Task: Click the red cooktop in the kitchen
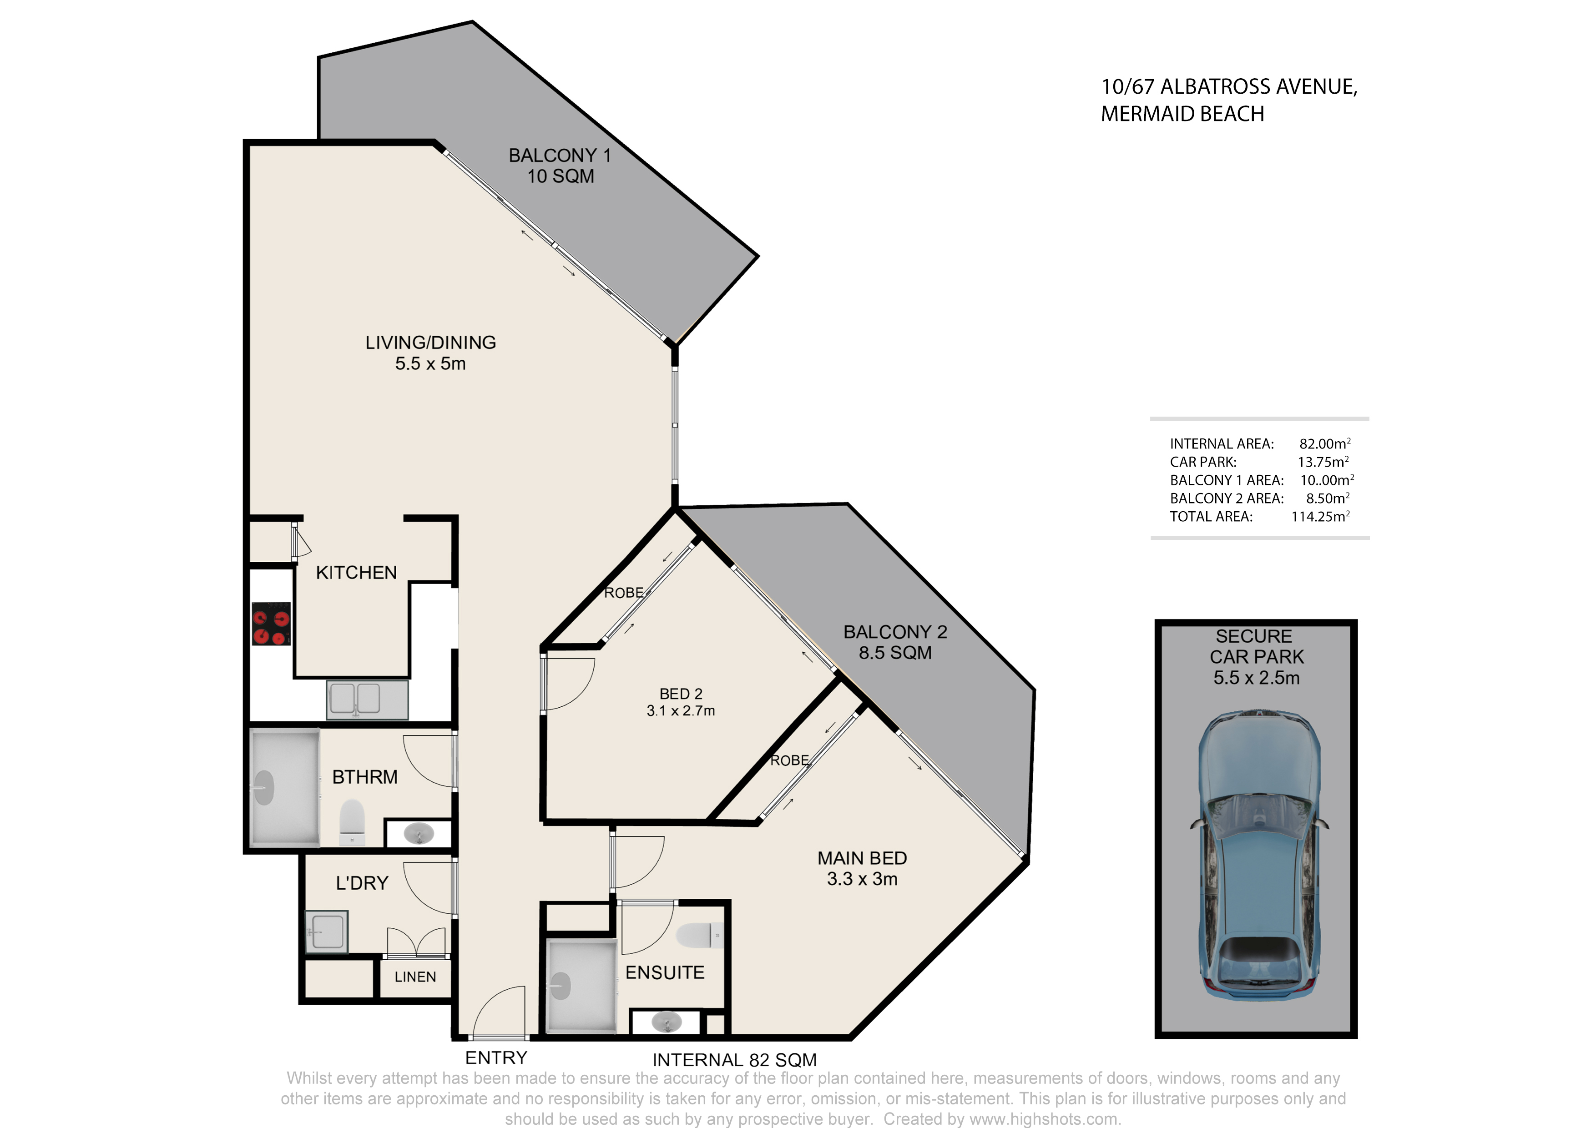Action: [x=271, y=624]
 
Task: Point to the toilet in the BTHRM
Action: [x=353, y=821]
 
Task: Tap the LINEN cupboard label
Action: [x=415, y=977]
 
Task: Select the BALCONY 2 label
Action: [x=895, y=632]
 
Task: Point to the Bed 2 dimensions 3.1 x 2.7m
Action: [x=681, y=710]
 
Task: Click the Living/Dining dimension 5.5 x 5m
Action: [x=430, y=363]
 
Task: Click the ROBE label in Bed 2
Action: [x=624, y=593]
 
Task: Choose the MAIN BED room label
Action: [x=862, y=858]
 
